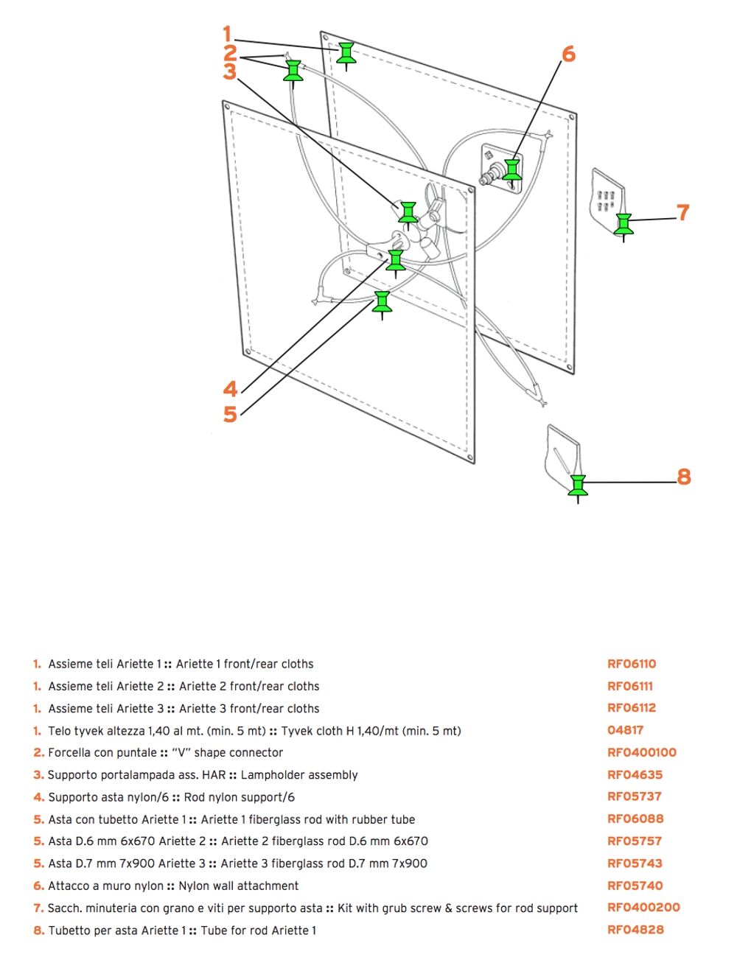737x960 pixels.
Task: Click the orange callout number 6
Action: pos(568,54)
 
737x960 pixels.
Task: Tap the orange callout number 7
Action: pos(683,212)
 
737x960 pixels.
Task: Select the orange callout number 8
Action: pos(684,477)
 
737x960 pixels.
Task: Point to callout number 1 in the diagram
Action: pos(228,34)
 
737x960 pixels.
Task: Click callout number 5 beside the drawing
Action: pos(230,414)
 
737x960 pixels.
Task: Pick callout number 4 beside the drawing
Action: pos(230,389)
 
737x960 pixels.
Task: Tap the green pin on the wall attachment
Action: pos(512,170)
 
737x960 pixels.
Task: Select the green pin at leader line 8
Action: pos(578,486)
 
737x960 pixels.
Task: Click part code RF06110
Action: pos(632,664)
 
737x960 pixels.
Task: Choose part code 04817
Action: pos(625,730)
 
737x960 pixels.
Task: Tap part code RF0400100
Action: pos(641,752)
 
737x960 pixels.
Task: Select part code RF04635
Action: pos(635,774)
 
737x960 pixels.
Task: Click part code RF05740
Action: pos(635,886)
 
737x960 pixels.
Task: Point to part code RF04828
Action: pos(635,930)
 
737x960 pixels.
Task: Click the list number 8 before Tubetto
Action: pos(38,931)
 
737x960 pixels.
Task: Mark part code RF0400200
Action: pos(643,908)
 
